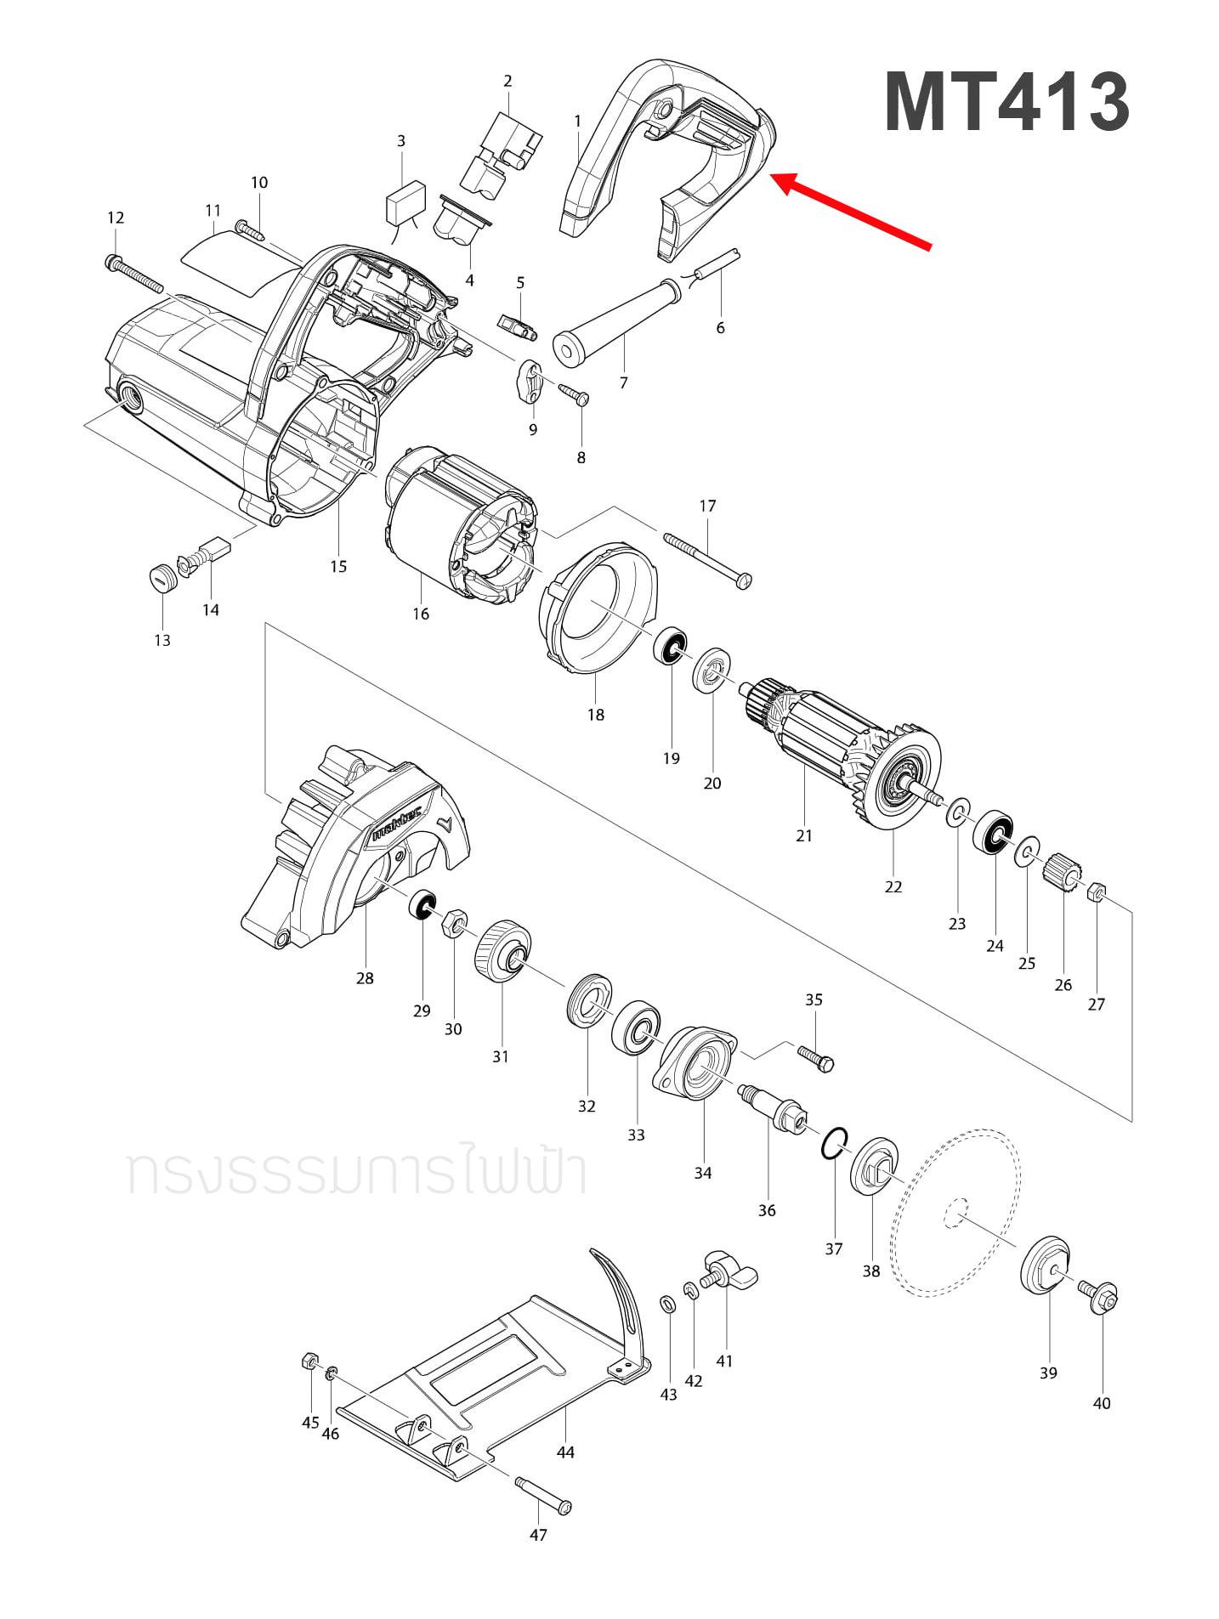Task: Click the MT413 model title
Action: pos(1006,102)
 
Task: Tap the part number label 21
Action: pos(803,835)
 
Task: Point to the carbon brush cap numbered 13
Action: pos(162,578)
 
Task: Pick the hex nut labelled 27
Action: pos(1097,892)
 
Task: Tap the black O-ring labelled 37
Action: pos(834,1143)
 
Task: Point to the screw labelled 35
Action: pos(816,1058)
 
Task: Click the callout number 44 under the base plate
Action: pos(565,1452)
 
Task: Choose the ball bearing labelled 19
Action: pos(671,648)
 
